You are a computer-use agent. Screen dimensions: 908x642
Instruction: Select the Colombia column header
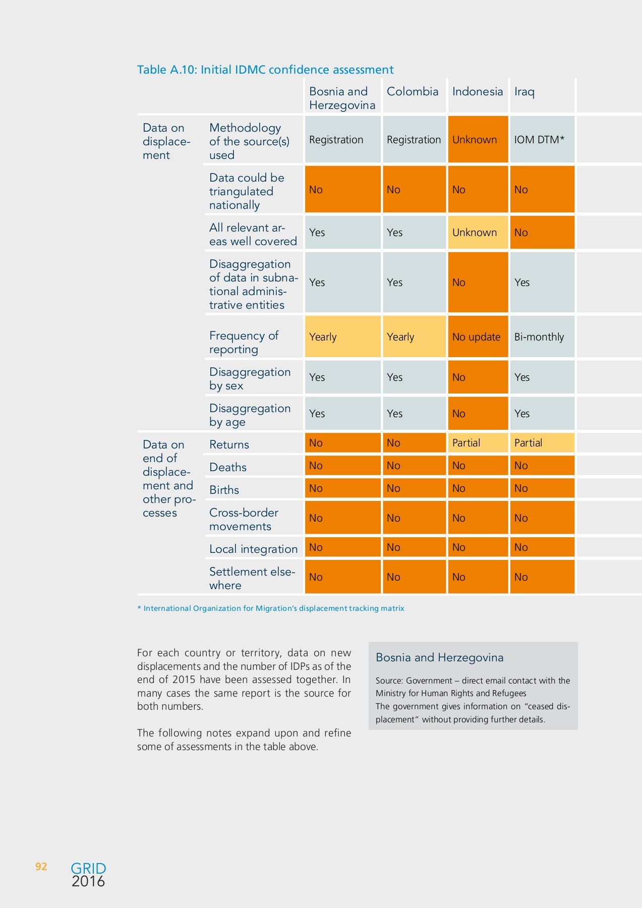click(413, 92)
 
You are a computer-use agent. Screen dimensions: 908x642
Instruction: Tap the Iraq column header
click(524, 92)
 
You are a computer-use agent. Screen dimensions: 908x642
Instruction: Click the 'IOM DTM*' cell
click(542, 140)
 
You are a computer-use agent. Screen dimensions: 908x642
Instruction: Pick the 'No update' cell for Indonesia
click(477, 337)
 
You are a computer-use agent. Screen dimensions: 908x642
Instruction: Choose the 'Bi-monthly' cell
click(542, 337)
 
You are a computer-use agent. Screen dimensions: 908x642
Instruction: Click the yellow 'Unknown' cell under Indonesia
click(477, 233)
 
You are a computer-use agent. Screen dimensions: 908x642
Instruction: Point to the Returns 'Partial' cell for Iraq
click(542, 443)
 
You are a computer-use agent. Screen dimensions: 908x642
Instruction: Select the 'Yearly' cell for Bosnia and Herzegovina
click(342, 337)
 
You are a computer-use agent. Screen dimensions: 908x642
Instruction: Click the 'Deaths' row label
click(228, 467)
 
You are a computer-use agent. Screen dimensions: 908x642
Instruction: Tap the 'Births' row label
click(224, 490)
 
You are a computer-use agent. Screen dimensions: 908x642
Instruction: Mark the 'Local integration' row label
click(253, 549)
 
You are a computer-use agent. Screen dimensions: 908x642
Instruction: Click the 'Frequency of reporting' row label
click(244, 343)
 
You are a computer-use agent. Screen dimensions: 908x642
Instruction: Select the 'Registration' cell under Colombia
click(414, 140)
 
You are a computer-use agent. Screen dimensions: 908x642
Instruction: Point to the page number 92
click(41, 867)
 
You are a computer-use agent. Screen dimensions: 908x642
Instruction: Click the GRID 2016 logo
click(88, 875)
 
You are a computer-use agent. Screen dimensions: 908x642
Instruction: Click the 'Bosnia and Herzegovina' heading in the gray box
click(439, 657)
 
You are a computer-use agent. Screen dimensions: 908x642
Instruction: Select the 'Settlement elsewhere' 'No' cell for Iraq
click(542, 577)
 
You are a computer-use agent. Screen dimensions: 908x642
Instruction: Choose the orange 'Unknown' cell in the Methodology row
click(477, 140)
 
